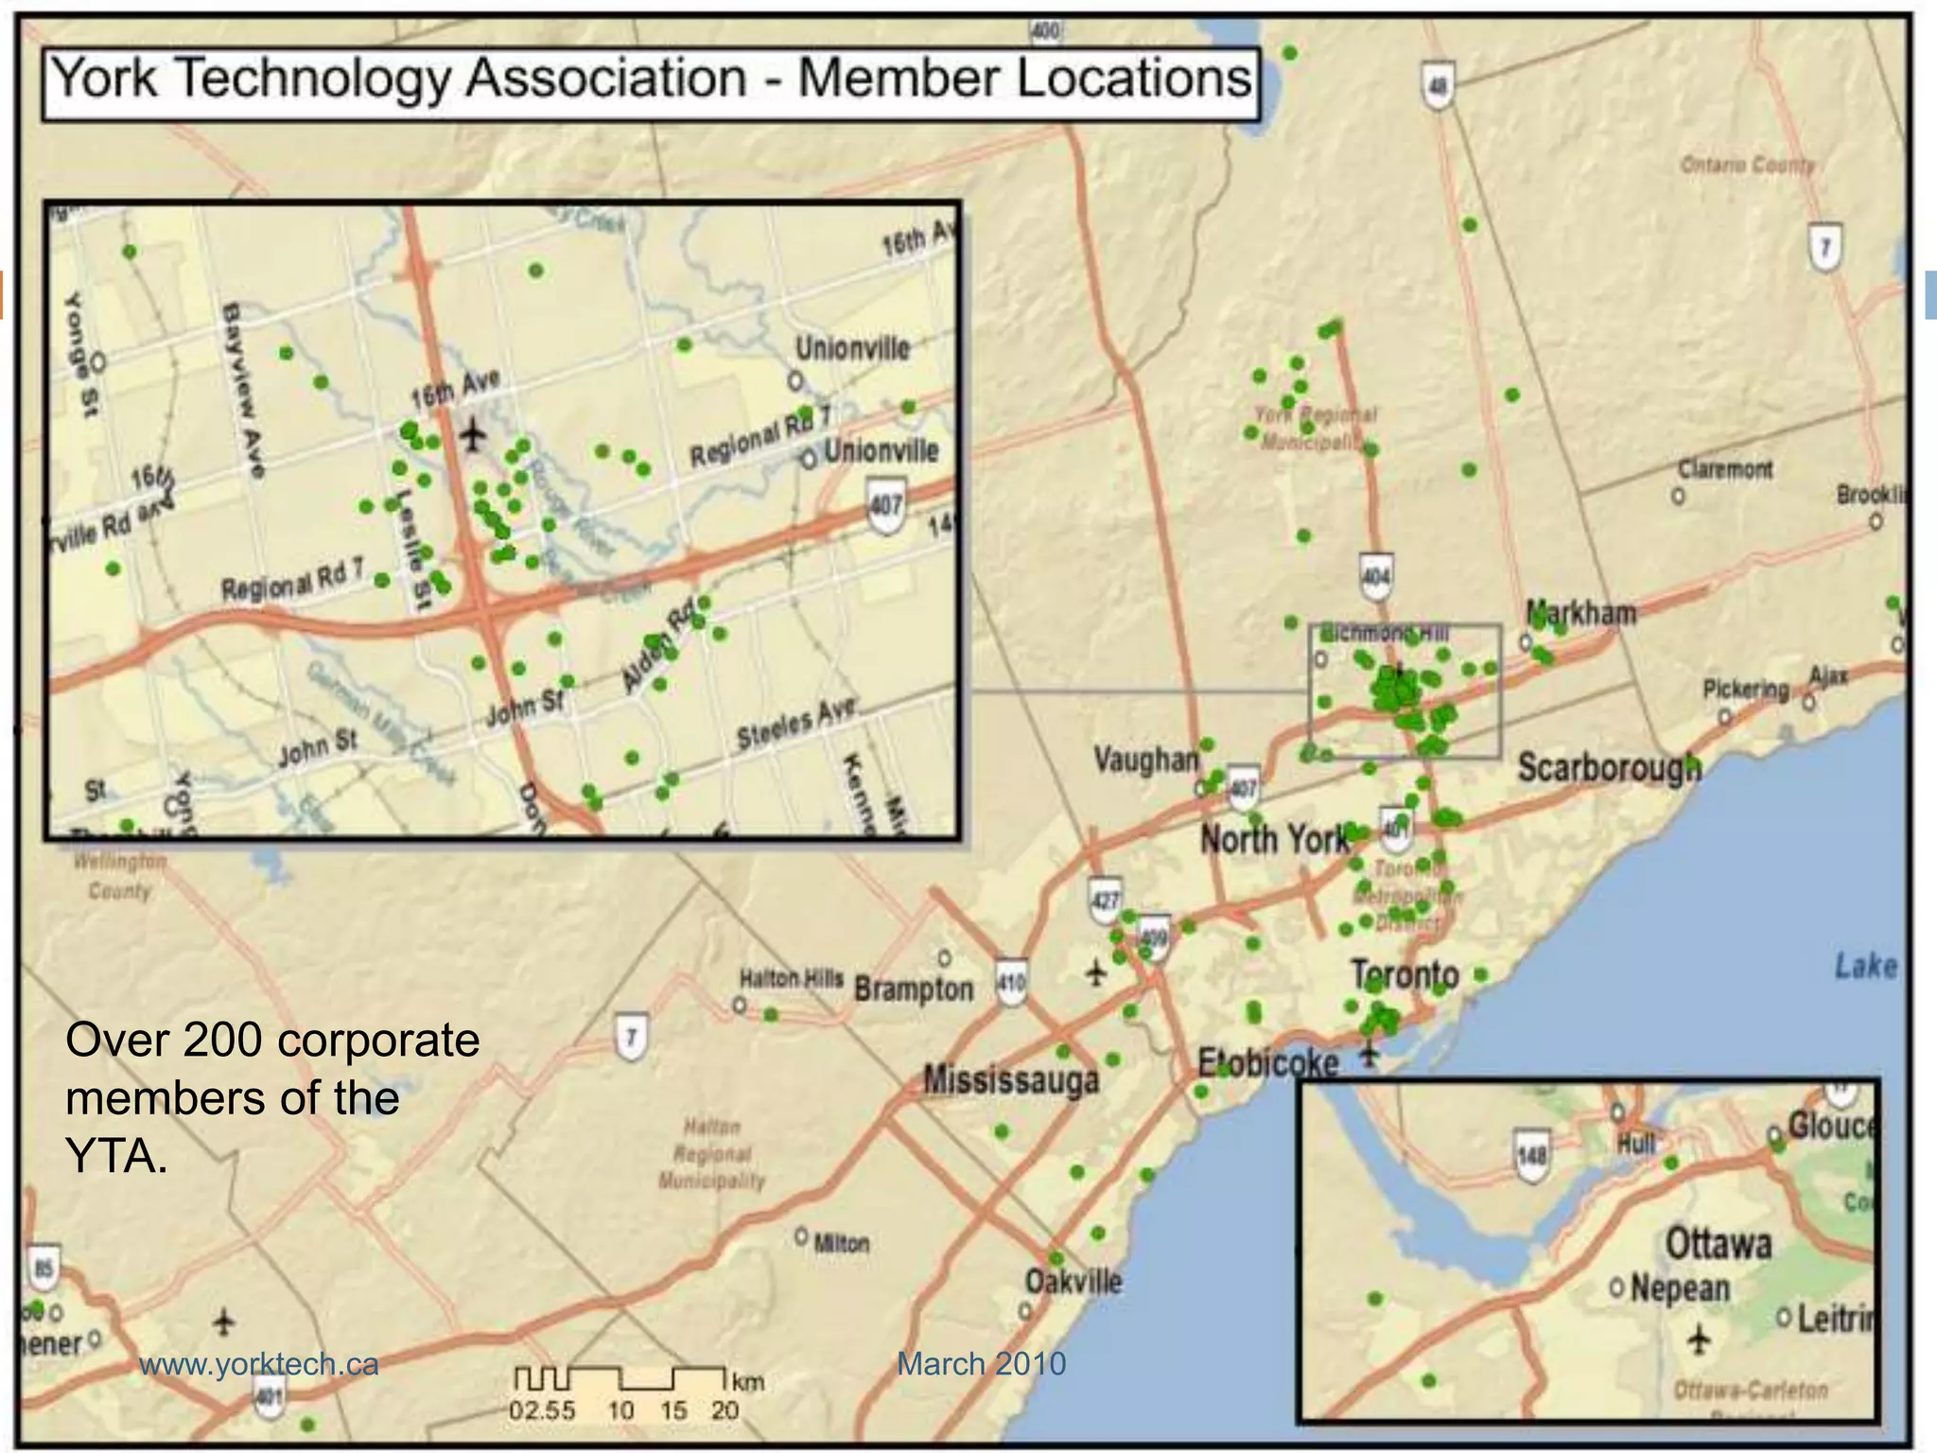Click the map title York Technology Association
[651, 79]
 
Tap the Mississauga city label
[1011, 1080]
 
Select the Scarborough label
[1610, 767]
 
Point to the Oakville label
[1073, 1283]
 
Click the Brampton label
[914, 989]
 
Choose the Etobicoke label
[1267, 1063]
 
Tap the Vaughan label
[1145, 760]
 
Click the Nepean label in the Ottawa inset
[1680, 1288]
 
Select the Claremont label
[1725, 469]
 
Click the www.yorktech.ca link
[258, 1364]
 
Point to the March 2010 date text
[981, 1364]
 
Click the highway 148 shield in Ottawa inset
[1531, 1155]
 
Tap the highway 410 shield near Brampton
[1011, 983]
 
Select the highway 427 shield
[1105, 900]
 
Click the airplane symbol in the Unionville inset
[473, 435]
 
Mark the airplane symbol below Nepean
[1700, 1339]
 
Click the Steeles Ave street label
[797, 724]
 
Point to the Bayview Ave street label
[242, 389]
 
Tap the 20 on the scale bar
[724, 1411]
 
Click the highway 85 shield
[44, 1268]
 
